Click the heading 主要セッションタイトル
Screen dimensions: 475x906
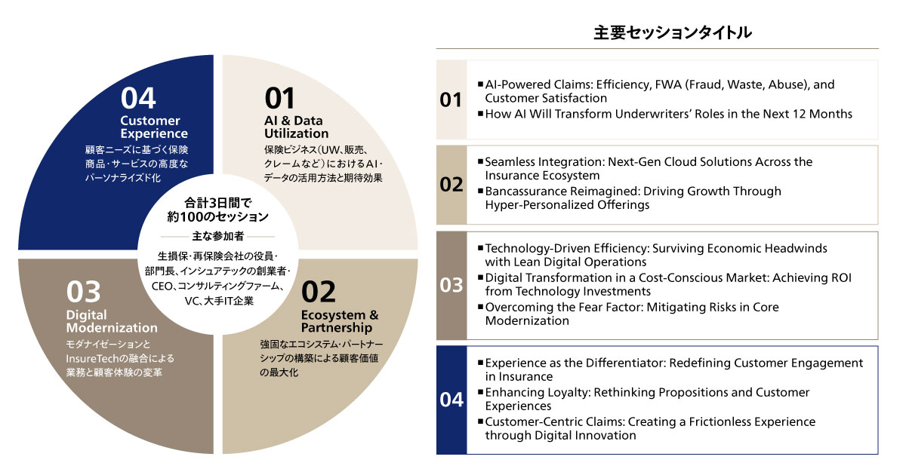point(672,33)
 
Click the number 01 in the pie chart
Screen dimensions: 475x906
point(280,99)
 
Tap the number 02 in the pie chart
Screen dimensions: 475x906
point(318,293)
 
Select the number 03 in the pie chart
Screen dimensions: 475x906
point(84,292)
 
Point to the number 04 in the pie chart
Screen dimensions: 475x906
point(138,99)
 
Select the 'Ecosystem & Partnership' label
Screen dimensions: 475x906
point(339,321)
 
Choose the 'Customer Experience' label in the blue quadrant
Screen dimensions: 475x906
point(150,127)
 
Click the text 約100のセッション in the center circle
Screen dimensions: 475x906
point(218,217)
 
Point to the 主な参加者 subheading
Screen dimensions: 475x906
point(218,236)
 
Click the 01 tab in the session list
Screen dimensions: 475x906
point(451,100)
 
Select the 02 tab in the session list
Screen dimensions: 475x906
point(451,184)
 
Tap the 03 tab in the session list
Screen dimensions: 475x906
point(451,285)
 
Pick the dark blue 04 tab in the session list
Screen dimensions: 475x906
point(451,400)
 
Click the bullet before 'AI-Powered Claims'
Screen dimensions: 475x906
point(480,84)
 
